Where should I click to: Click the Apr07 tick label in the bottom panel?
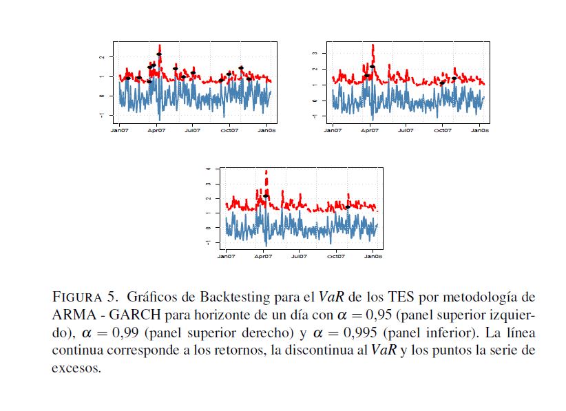(x=263, y=256)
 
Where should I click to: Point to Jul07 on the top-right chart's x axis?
(x=406, y=129)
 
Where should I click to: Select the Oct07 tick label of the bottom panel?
(x=335, y=256)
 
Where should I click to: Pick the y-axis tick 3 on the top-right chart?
(x=314, y=52)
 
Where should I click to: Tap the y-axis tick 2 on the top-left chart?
(x=101, y=57)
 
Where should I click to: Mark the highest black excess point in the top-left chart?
(x=159, y=54)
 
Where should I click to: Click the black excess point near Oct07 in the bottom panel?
(x=348, y=207)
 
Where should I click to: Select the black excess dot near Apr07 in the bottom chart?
(x=265, y=196)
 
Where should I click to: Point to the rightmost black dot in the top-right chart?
(x=454, y=78)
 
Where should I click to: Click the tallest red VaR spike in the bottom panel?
(x=266, y=171)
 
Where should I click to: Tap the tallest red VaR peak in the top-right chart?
(x=373, y=45)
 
